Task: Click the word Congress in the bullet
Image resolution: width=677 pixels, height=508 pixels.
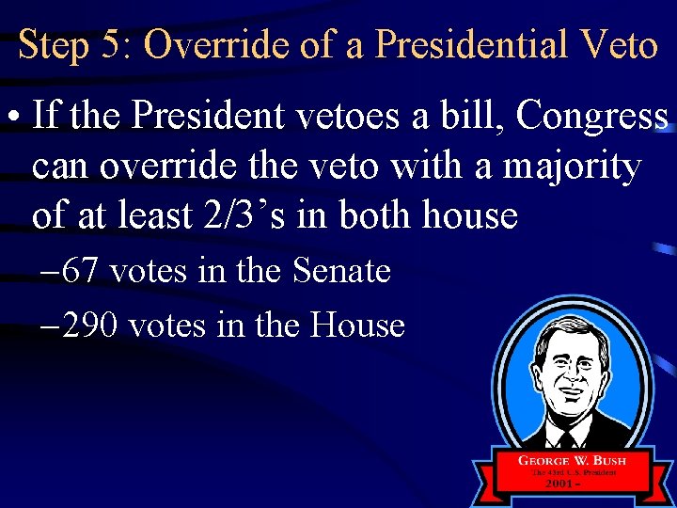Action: [x=592, y=117]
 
